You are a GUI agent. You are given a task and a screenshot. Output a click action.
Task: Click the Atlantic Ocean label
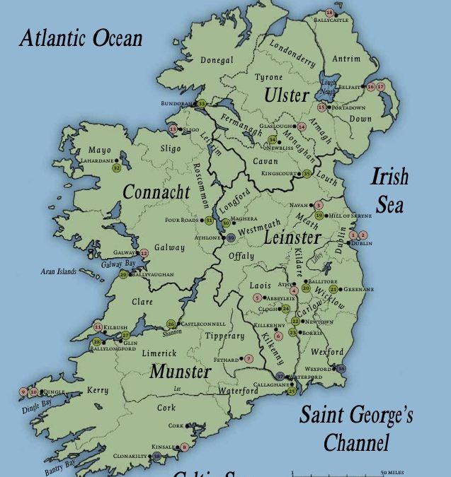click(81, 38)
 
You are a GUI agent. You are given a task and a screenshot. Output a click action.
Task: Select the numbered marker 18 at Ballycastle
click(329, 13)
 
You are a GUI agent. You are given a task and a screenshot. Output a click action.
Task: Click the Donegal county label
click(217, 61)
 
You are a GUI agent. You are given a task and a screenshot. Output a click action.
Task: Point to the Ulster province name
click(287, 95)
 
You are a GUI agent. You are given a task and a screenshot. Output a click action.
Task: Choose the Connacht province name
click(156, 192)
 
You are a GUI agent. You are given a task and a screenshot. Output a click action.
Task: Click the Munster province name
click(181, 372)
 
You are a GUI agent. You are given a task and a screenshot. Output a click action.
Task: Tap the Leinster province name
click(292, 238)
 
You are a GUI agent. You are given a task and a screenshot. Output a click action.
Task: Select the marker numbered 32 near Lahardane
click(116, 167)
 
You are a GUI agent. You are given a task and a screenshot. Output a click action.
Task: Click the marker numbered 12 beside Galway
click(144, 252)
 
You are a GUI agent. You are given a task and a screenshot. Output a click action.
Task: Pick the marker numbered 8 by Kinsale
click(184, 447)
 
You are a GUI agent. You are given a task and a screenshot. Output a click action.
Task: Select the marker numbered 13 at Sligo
click(172, 129)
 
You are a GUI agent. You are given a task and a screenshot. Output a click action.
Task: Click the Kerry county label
click(98, 390)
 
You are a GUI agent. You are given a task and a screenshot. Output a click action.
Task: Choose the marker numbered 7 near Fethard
click(249, 359)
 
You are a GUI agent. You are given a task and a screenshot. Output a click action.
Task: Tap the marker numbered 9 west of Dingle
click(23, 391)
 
